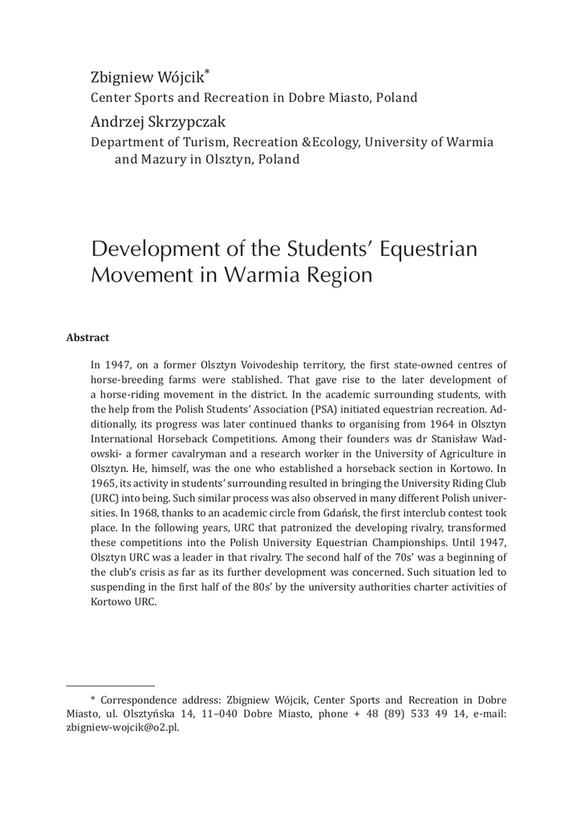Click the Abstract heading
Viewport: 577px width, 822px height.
[x=87, y=338]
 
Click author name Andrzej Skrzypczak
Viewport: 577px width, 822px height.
[x=158, y=123]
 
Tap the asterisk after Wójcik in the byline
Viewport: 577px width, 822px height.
[x=207, y=74]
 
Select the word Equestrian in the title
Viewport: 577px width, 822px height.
[x=428, y=248]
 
